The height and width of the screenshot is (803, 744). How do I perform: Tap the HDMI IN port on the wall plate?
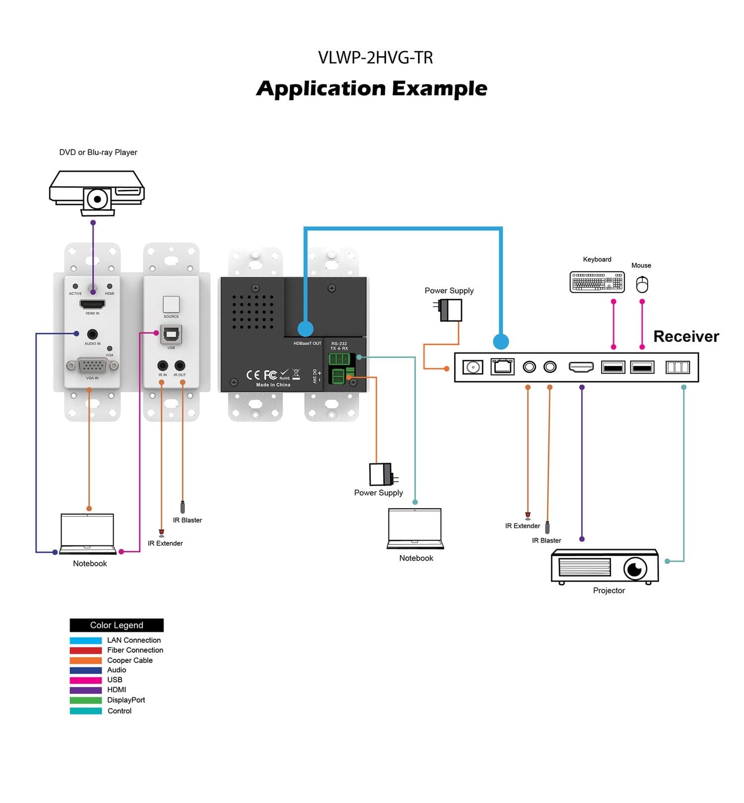tap(92, 304)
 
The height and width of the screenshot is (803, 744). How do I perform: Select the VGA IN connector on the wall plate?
tap(92, 366)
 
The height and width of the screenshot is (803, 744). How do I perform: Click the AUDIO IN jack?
tap(92, 335)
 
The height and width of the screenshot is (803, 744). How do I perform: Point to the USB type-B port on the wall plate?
tap(171, 335)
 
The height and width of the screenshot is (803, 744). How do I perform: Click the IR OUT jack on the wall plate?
tap(180, 366)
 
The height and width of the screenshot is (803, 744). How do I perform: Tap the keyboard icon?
tap(597, 282)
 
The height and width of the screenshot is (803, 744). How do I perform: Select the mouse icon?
tap(642, 284)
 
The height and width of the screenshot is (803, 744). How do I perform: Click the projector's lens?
tap(635, 568)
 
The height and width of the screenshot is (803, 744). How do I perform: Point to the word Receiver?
tap(686, 336)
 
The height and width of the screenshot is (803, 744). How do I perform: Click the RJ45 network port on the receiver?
tap(502, 367)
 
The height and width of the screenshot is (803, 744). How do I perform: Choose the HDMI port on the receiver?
tap(581, 367)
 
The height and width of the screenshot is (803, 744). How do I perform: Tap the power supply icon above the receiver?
tap(450, 310)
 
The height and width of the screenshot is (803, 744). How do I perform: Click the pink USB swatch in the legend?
tap(86, 680)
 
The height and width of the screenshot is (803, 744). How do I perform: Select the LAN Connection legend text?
tap(134, 640)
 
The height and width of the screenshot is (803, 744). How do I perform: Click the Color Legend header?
tap(117, 625)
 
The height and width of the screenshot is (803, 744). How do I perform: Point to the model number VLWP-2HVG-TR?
tap(375, 58)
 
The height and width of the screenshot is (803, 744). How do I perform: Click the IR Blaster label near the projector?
tap(547, 540)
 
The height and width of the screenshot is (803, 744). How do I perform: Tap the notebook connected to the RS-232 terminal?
tap(415, 528)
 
